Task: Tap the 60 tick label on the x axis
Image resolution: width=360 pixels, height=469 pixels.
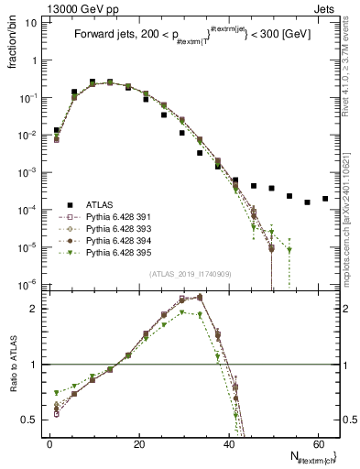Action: pos(318,442)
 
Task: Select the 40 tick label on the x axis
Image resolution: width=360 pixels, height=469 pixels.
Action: pos(228,442)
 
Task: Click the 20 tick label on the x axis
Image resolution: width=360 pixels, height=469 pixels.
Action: pos(138,442)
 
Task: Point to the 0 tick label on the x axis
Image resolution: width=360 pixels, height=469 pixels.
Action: pos(49,442)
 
